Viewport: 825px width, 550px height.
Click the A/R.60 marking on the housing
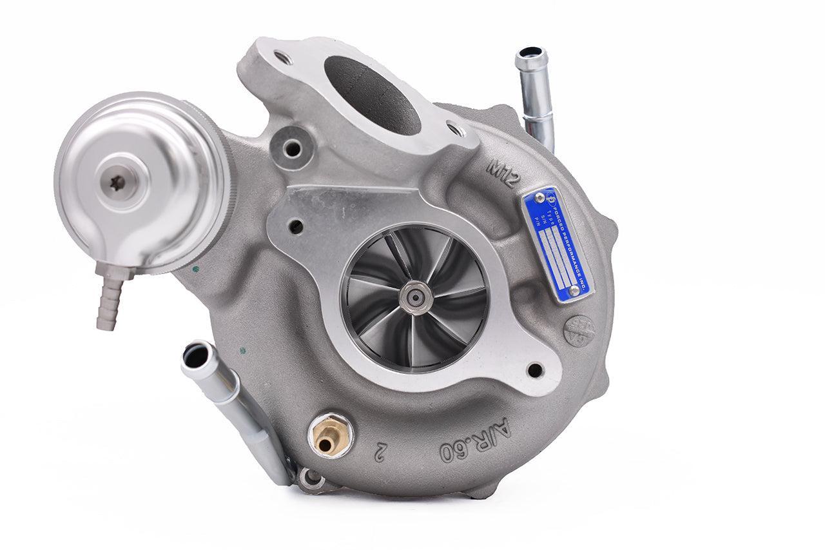point(474,440)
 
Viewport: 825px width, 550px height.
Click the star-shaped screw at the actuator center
point(117,182)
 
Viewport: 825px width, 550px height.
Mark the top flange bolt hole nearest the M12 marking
point(456,130)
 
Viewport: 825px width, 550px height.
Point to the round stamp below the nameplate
point(578,330)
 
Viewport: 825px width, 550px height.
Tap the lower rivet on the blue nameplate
point(573,290)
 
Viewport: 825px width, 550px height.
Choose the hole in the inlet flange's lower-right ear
point(534,370)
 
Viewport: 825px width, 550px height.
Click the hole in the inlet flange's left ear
point(296,226)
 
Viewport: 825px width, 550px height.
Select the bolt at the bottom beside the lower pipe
point(313,478)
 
